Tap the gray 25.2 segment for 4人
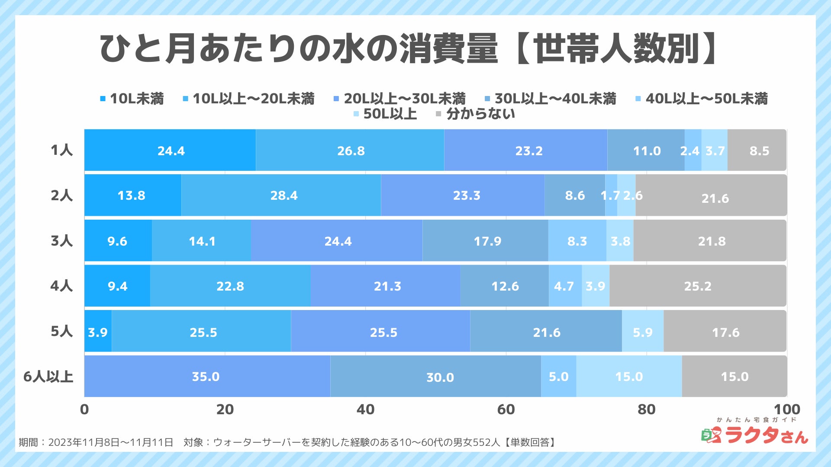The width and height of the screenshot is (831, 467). [698, 286]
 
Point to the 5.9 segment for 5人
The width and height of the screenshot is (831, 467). [643, 332]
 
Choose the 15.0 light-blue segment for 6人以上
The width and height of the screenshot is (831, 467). [629, 376]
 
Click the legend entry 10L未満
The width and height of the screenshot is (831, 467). [132, 99]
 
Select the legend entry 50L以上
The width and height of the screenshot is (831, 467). [385, 114]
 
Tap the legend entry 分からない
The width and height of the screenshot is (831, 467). [476, 114]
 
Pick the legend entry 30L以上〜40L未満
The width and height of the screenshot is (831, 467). [551, 99]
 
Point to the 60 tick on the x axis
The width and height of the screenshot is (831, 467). [506, 409]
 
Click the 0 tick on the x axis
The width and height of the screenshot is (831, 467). [84, 409]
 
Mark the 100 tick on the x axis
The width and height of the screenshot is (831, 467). [786, 409]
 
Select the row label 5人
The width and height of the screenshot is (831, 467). [61, 331]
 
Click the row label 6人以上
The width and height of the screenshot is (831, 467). [48, 377]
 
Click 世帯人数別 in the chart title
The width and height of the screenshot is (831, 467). [617, 48]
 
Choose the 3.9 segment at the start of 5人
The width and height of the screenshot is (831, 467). [98, 332]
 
